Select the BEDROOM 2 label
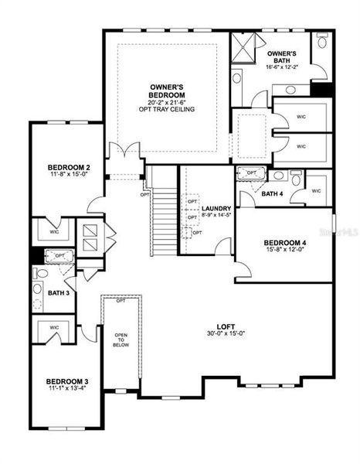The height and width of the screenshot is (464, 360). coord(70,168)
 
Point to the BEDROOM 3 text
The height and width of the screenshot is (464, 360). coord(67,381)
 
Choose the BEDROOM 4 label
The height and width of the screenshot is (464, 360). coord(287,243)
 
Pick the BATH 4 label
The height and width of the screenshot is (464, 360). coord(271,193)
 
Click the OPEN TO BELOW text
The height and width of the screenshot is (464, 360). coord(121,340)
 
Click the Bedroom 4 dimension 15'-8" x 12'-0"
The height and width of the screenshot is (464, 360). coord(287,251)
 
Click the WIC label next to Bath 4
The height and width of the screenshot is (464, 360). coord(317,190)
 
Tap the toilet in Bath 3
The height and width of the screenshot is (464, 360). coord(36,289)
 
